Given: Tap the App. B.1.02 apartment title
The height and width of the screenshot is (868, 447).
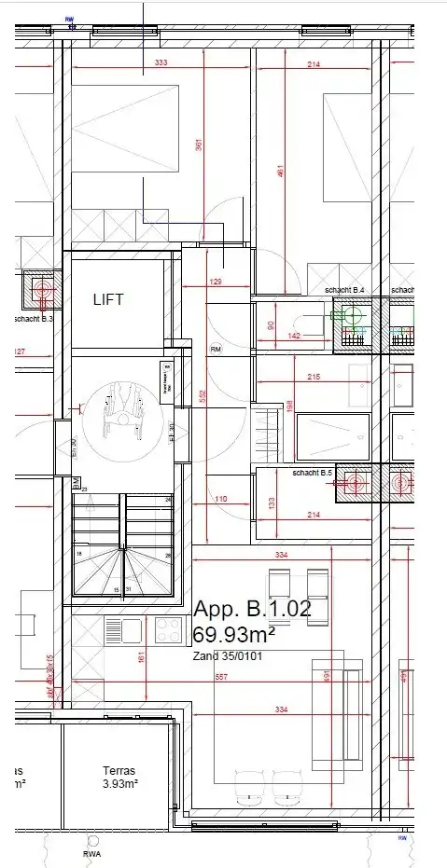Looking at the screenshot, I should click(252, 611).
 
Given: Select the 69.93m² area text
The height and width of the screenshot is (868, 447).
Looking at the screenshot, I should click(233, 635).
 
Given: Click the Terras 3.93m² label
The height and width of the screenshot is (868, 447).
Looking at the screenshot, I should click(119, 778).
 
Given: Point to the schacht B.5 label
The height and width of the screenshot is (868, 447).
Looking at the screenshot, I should click(313, 474).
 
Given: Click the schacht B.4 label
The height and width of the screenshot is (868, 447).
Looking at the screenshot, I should click(344, 291).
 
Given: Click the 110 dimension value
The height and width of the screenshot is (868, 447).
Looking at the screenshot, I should click(220, 500).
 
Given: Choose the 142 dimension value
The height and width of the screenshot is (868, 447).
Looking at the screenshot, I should click(294, 335).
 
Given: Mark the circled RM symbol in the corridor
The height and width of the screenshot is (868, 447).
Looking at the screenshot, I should click(216, 350).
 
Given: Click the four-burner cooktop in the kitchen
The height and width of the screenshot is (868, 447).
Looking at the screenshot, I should click(168, 630).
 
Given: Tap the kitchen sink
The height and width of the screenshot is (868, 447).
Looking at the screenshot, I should click(123, 630).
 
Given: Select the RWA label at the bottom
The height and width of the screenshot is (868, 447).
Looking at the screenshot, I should click(91, 854).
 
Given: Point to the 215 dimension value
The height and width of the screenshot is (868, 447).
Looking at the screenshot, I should click(313, 377).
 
